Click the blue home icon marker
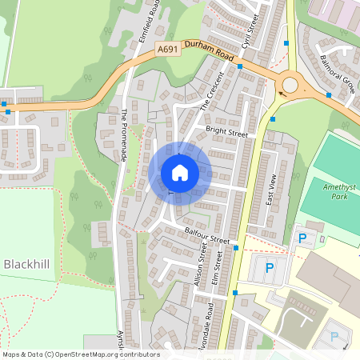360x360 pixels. pos(179,173)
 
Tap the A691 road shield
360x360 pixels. pos(167,49)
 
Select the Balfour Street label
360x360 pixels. pos(206,235)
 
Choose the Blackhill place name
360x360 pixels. pos(27,264)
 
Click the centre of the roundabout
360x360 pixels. pos(290,84)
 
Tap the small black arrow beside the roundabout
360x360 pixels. pos(280,93)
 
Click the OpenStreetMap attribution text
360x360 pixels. pos(80,354)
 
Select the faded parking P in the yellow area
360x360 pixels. pos(334,337)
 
